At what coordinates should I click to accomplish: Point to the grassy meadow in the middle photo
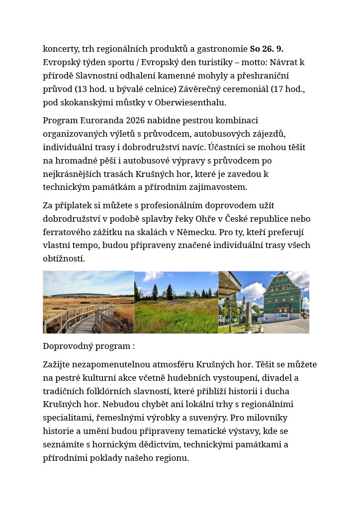(x=176, y=318)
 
